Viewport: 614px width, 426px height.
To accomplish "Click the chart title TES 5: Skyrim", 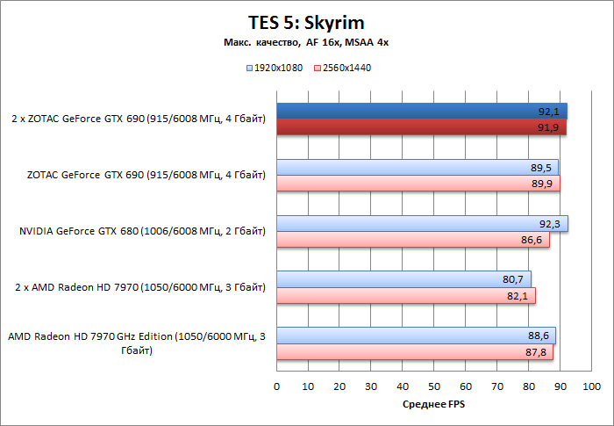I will click(x=306, y=23).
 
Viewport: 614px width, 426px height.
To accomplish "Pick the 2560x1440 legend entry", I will click(x=343, y=68).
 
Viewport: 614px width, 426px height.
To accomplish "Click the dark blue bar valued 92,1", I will click(x=422, y=112).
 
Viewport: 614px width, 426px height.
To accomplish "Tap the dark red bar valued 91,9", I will click(x=421, y=127).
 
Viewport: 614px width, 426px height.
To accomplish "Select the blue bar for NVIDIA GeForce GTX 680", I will click(x=422, y=224).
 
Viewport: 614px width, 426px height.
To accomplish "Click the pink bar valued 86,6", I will click(x=413, y=240).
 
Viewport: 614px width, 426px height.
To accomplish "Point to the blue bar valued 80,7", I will click(x=403, y=280).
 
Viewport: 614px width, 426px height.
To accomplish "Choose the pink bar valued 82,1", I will click(x=406, y=296).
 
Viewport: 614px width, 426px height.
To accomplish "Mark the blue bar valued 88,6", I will click(x=416, y=336).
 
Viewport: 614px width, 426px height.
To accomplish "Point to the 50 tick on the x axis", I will click(x=434, y=386).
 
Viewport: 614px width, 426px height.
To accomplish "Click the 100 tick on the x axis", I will click(x=592, y=386).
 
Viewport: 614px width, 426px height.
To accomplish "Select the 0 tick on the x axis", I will click(x=277, y=386).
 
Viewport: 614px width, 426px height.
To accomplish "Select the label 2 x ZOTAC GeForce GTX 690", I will click(x=139, y=119).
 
